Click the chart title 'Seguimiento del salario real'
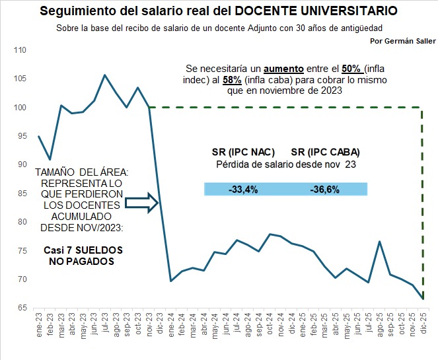coord(218,11)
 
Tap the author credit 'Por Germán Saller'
coord(403,40)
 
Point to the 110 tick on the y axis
coord(20,50)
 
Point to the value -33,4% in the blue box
coord(242,190)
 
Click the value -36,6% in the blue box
coord(324,190)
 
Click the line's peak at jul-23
coord(104,75)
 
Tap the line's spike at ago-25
coord(379,241)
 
